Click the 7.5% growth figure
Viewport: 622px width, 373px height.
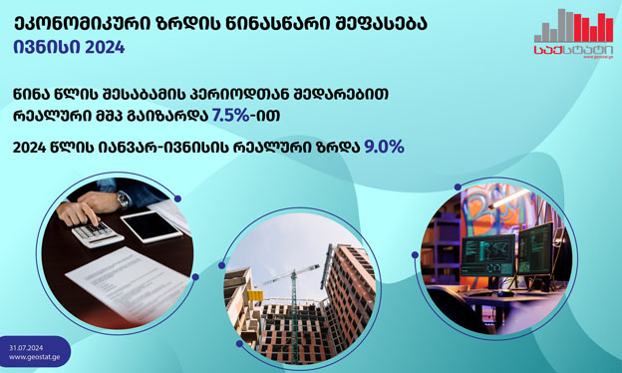click(x=231, y=116)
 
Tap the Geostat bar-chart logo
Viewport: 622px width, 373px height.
click(x=573, y=33)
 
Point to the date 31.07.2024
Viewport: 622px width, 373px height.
click(x=26, y=348)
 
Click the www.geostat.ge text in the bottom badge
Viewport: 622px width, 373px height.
click(x=35, y=357)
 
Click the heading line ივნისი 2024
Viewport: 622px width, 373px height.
click(x=69, y=47)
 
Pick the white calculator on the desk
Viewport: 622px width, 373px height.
click(x=98, y=233)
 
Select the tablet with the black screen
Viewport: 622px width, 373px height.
click(x=152, y=226)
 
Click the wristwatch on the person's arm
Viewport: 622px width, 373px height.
click(x=123, y=200)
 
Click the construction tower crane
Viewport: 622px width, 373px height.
click(x=294, y=301)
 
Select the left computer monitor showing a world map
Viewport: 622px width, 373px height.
click(x=487, y=255)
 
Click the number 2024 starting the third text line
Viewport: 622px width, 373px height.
click(x=29, y=148)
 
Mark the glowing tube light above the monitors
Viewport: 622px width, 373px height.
click(x=509, y=198)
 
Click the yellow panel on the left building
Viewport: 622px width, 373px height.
click(x=255, y=295)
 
